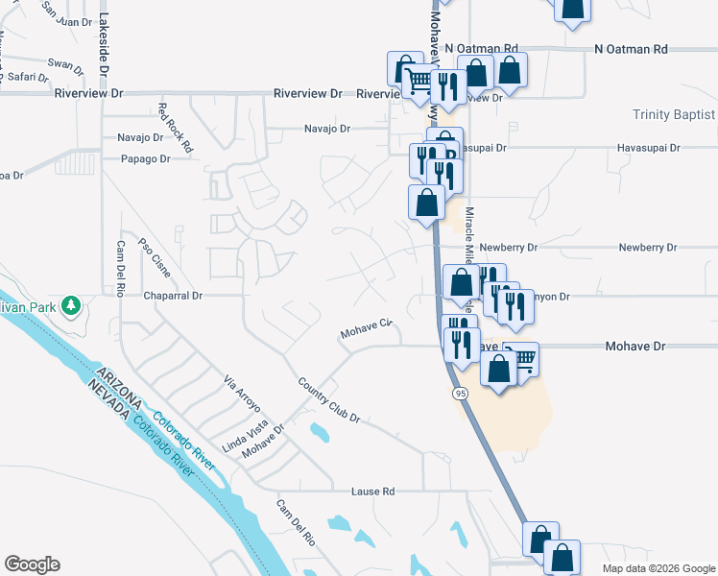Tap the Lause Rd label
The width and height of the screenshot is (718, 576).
coord(373,492)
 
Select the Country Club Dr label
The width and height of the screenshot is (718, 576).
coord(328,400)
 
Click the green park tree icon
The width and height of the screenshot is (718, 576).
coord(70,306)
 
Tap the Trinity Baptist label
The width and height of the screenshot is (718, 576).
coord(674,115)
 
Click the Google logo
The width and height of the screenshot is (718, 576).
coord(32,564)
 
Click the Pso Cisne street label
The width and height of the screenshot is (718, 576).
coord(155,258)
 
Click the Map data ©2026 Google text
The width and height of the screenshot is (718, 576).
coord(658,568)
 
